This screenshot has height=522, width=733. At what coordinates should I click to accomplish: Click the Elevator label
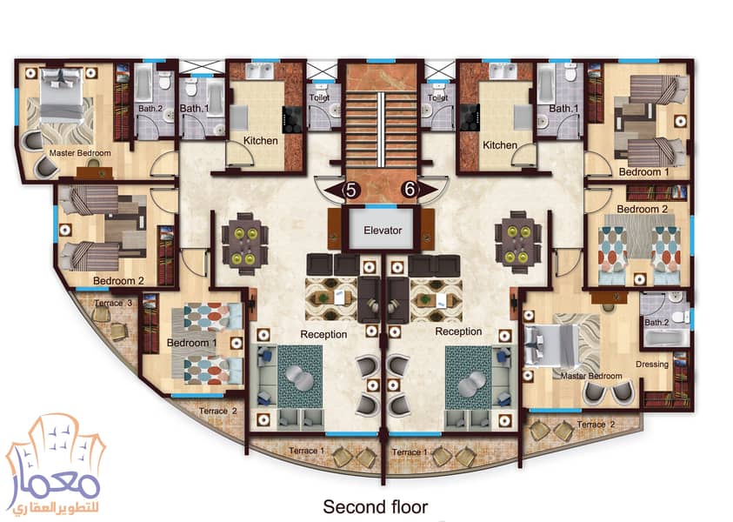(382, 231)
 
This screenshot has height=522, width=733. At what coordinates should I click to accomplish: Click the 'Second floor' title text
(375, 505)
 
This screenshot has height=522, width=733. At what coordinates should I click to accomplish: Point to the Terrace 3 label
(113, 302)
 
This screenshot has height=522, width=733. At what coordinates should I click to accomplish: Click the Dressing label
(652, 365)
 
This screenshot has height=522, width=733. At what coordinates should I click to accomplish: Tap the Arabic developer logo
(54, 470)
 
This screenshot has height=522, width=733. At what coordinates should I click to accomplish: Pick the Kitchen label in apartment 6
(500, 145)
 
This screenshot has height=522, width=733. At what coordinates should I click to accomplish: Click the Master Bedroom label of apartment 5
(80, 153)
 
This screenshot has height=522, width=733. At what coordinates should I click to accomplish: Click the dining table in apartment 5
(244, 241)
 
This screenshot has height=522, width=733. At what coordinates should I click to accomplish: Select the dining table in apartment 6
(516, 241)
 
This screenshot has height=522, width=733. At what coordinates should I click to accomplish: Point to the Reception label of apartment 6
(457, 331)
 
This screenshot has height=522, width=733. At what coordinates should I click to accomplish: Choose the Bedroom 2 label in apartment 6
(642, 210)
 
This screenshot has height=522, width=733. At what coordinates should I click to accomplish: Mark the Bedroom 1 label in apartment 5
(192, 343)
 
